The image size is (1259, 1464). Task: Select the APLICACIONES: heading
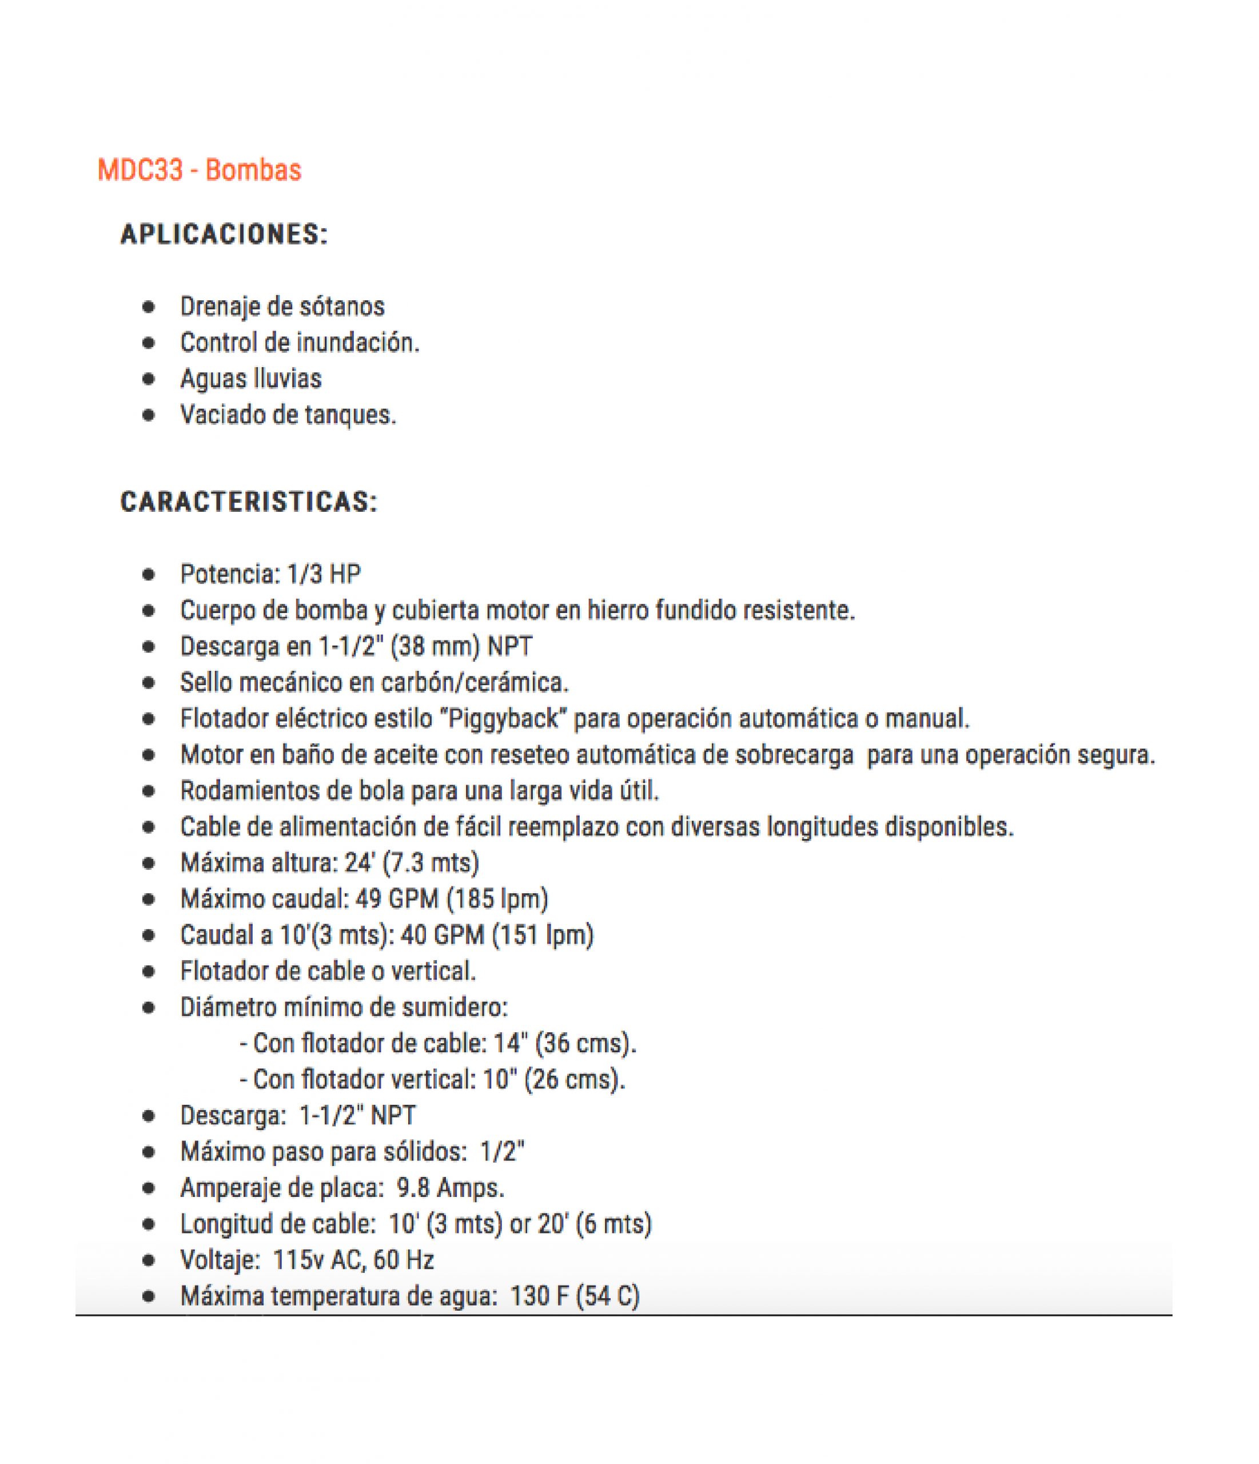[x=224, y=234]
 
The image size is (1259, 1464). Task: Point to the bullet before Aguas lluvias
[x=148, y=379]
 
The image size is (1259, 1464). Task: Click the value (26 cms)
[x=575, y=1079]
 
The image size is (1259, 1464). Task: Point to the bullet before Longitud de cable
[x=148, y=1224]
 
